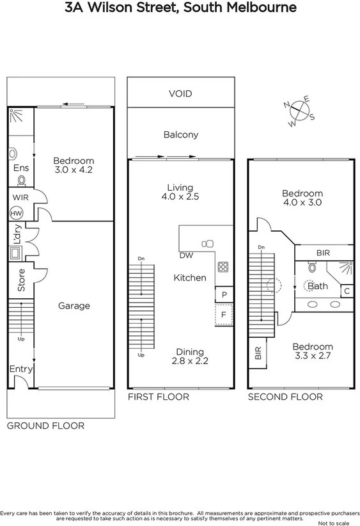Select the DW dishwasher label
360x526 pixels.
(187, 255)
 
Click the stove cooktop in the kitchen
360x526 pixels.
(224, 267)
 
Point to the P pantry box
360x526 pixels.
(224, 295)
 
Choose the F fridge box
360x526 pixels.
(224, 315)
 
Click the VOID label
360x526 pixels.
(180, 93)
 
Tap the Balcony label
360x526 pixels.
(180, 134)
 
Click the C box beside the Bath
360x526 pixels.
(346, 291)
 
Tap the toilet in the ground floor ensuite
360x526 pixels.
(14, 155)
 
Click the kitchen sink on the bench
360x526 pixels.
(208, 243)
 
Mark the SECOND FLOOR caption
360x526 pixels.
(285, 397)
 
